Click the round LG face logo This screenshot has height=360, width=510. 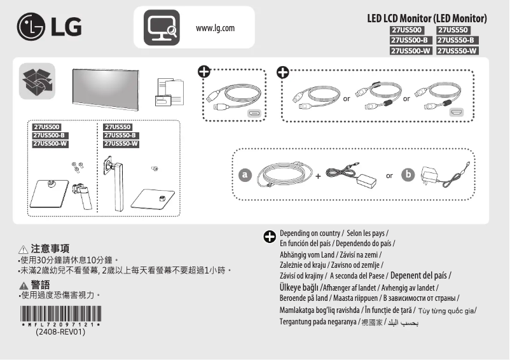click(30, 28)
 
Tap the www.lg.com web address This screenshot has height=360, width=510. click(216, 28)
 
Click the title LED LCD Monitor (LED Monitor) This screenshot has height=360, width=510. click(427, 18)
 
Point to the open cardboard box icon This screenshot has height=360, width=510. click(37, 81)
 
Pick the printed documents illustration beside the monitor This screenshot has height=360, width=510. click(169, 93)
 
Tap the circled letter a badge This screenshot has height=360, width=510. click(244, 174)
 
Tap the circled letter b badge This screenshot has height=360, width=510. click(408, 174)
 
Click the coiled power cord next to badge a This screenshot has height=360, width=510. click(284, 175)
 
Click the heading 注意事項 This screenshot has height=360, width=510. click(50, 249)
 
